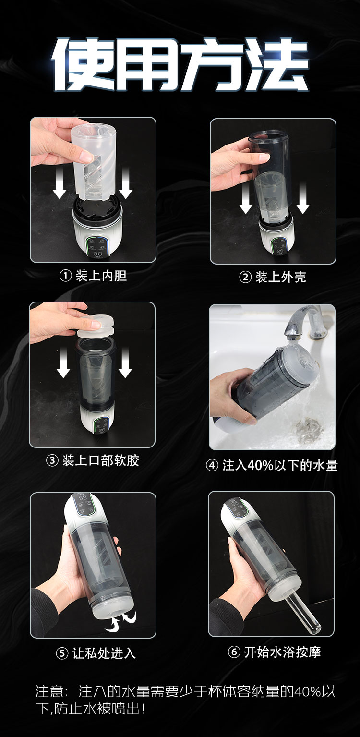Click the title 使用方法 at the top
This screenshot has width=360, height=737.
click(x=180, y=64)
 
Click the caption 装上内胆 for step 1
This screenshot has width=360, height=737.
click(x=101, y=276)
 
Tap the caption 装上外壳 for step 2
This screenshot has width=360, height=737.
click(x=281, y=277)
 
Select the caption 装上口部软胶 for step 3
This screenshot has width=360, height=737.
click(x=101, y=460)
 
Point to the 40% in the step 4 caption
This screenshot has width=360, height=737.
click(x=260, y=465)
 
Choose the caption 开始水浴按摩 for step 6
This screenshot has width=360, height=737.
click(x=282, y=652)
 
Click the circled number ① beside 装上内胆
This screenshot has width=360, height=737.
click(x=65, y=276)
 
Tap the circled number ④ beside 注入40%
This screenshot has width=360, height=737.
click(x=212, y=466)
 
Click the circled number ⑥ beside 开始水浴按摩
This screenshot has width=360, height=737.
click(x=234, y=652)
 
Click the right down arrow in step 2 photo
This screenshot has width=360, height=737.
click(x=303, y=197)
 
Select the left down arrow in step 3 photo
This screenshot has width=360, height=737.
click(x=63, y=362)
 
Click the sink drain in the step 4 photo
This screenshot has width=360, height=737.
click(x=307, y=429)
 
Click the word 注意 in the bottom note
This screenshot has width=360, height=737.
click(x=50, y=691)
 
